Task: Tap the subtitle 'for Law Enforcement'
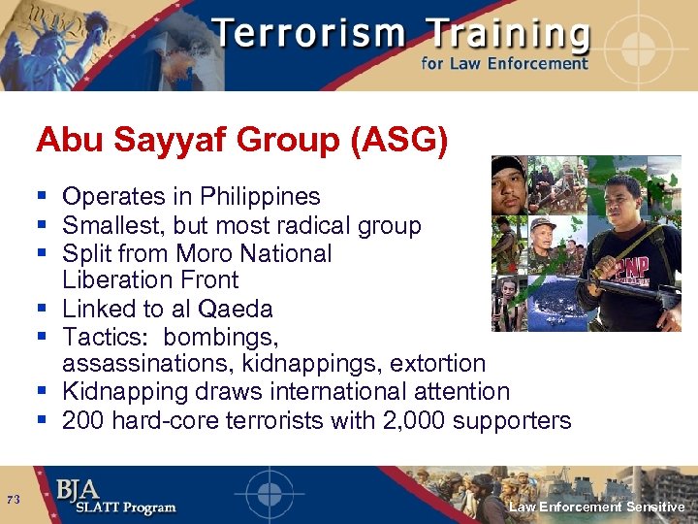pos(504,64)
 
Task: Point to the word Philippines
pos(260,197)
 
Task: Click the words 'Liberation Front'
pos(150,280)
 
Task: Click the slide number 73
pos(14,500)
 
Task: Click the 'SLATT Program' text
pos(116,508)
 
